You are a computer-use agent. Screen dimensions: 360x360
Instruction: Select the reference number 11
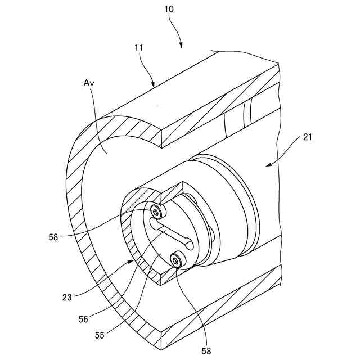click(139, 48)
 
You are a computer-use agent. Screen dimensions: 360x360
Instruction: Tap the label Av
click(89, 83)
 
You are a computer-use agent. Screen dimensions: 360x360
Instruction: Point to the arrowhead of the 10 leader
click(181, 47)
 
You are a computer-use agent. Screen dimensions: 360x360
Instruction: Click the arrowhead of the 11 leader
click(154, 85)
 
